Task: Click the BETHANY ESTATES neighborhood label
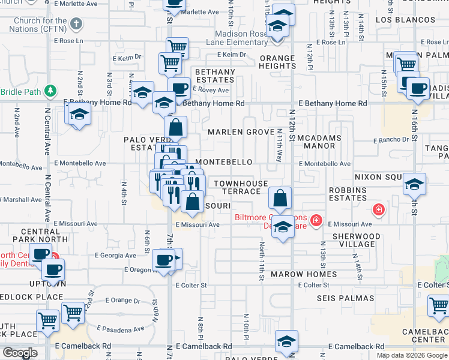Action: tap(215, 76)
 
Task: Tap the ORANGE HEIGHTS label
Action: tap(277, 62)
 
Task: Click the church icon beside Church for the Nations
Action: tap(76, 23)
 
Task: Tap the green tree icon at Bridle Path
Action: tap(52, 91)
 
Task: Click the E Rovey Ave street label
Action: tap(210, 90)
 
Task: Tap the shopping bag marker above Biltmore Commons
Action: tap(280, 197)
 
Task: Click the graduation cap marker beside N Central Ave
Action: tap(79, 114)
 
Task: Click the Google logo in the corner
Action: tap(20, 353)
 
